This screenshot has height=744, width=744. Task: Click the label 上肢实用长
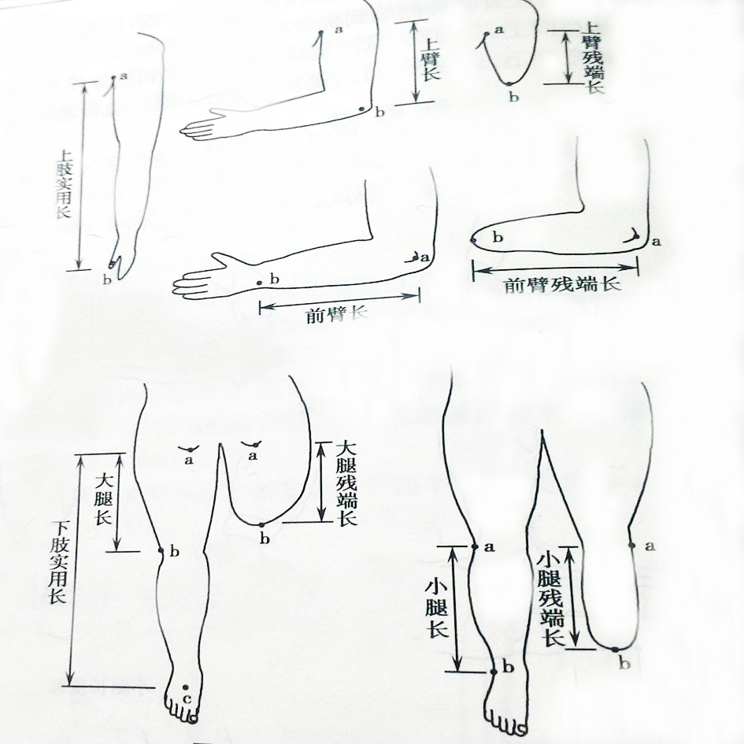(64, 184)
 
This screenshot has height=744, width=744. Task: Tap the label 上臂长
(431, 59)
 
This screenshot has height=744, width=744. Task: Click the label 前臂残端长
(563, 285)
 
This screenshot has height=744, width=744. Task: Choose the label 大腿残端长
(346, 484)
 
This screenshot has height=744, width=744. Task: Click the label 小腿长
(436, 609)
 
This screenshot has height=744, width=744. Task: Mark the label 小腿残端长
(551, 600)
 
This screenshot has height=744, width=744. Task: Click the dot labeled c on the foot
(186, 687)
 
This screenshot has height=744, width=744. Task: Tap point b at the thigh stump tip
(261, 524)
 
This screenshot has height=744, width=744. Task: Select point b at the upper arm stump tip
(509, 84)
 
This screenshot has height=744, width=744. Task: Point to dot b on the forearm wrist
(259, 283)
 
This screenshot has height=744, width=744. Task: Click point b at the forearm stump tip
(472, 241)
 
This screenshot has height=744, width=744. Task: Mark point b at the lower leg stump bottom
(615, 649)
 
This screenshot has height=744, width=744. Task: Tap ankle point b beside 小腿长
(494, 672)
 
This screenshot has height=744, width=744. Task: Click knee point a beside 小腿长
(475, 546)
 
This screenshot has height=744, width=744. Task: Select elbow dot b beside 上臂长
(361, 109)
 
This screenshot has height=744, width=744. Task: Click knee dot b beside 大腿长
(161, 550)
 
